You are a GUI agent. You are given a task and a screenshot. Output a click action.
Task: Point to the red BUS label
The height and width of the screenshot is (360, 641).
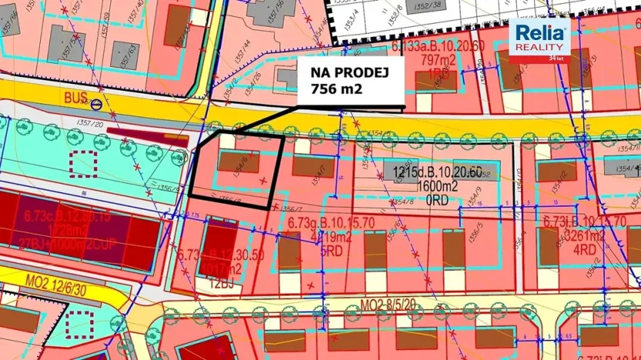[75, 98]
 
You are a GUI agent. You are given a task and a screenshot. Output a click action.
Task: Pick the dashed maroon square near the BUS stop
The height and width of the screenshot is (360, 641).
[82, 163]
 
